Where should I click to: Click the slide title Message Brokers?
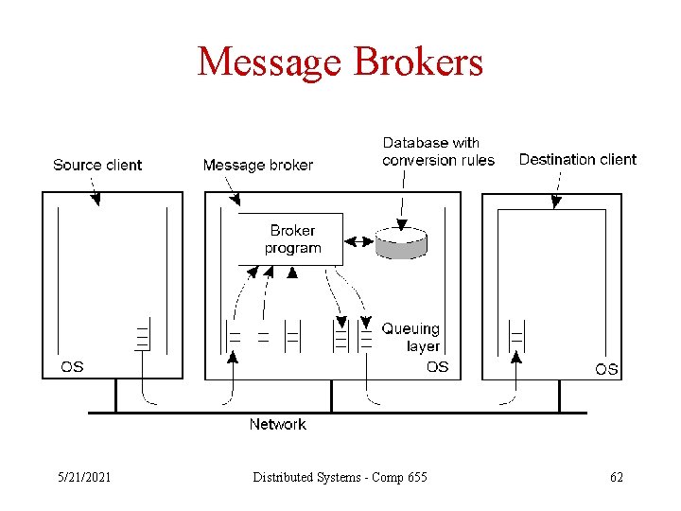[340, 62]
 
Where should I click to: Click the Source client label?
[97, 165]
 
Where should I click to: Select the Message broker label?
[257, 165]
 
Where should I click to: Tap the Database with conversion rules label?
[438, 151]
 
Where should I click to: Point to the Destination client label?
[577, 159]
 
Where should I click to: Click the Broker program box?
[291, 239]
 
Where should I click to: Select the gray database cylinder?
[401, 242]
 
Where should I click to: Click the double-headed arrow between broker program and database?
[358, 240]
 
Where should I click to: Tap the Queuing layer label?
[410, 337]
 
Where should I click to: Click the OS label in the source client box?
[72, 366]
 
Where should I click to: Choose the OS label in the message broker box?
[437, 366]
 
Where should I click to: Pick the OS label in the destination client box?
[606, 368]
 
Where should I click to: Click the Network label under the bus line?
[277, 424]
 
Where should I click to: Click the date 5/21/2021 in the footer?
[84, 477]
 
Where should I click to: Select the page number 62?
[617, 477]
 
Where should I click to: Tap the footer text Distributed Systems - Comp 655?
[340, 477]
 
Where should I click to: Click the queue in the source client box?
[142, 337]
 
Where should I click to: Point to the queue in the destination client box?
[516, 335]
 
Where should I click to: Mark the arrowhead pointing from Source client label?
[95, 199]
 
